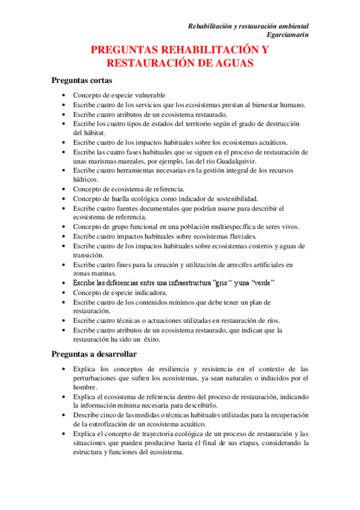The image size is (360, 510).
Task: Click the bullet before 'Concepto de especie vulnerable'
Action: pyautogui.click(x=65, y=95)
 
